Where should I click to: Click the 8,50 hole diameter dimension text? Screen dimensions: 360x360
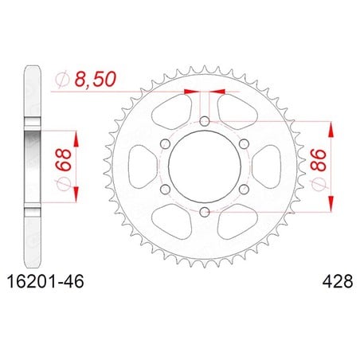[96, 79]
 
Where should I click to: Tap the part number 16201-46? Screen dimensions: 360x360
[45, 281]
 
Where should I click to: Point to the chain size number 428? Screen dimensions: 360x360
[338, 281]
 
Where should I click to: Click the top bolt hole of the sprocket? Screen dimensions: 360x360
[205, 122]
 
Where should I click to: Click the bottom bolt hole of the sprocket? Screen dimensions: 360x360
[205, 212]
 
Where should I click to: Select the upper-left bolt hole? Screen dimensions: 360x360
[166, 144]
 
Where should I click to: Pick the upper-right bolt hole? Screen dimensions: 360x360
[244, 144]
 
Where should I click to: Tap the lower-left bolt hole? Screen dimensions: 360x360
[166, 190]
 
